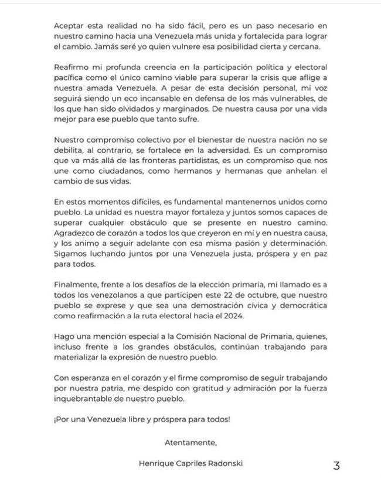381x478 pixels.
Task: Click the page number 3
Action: (336, 466)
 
